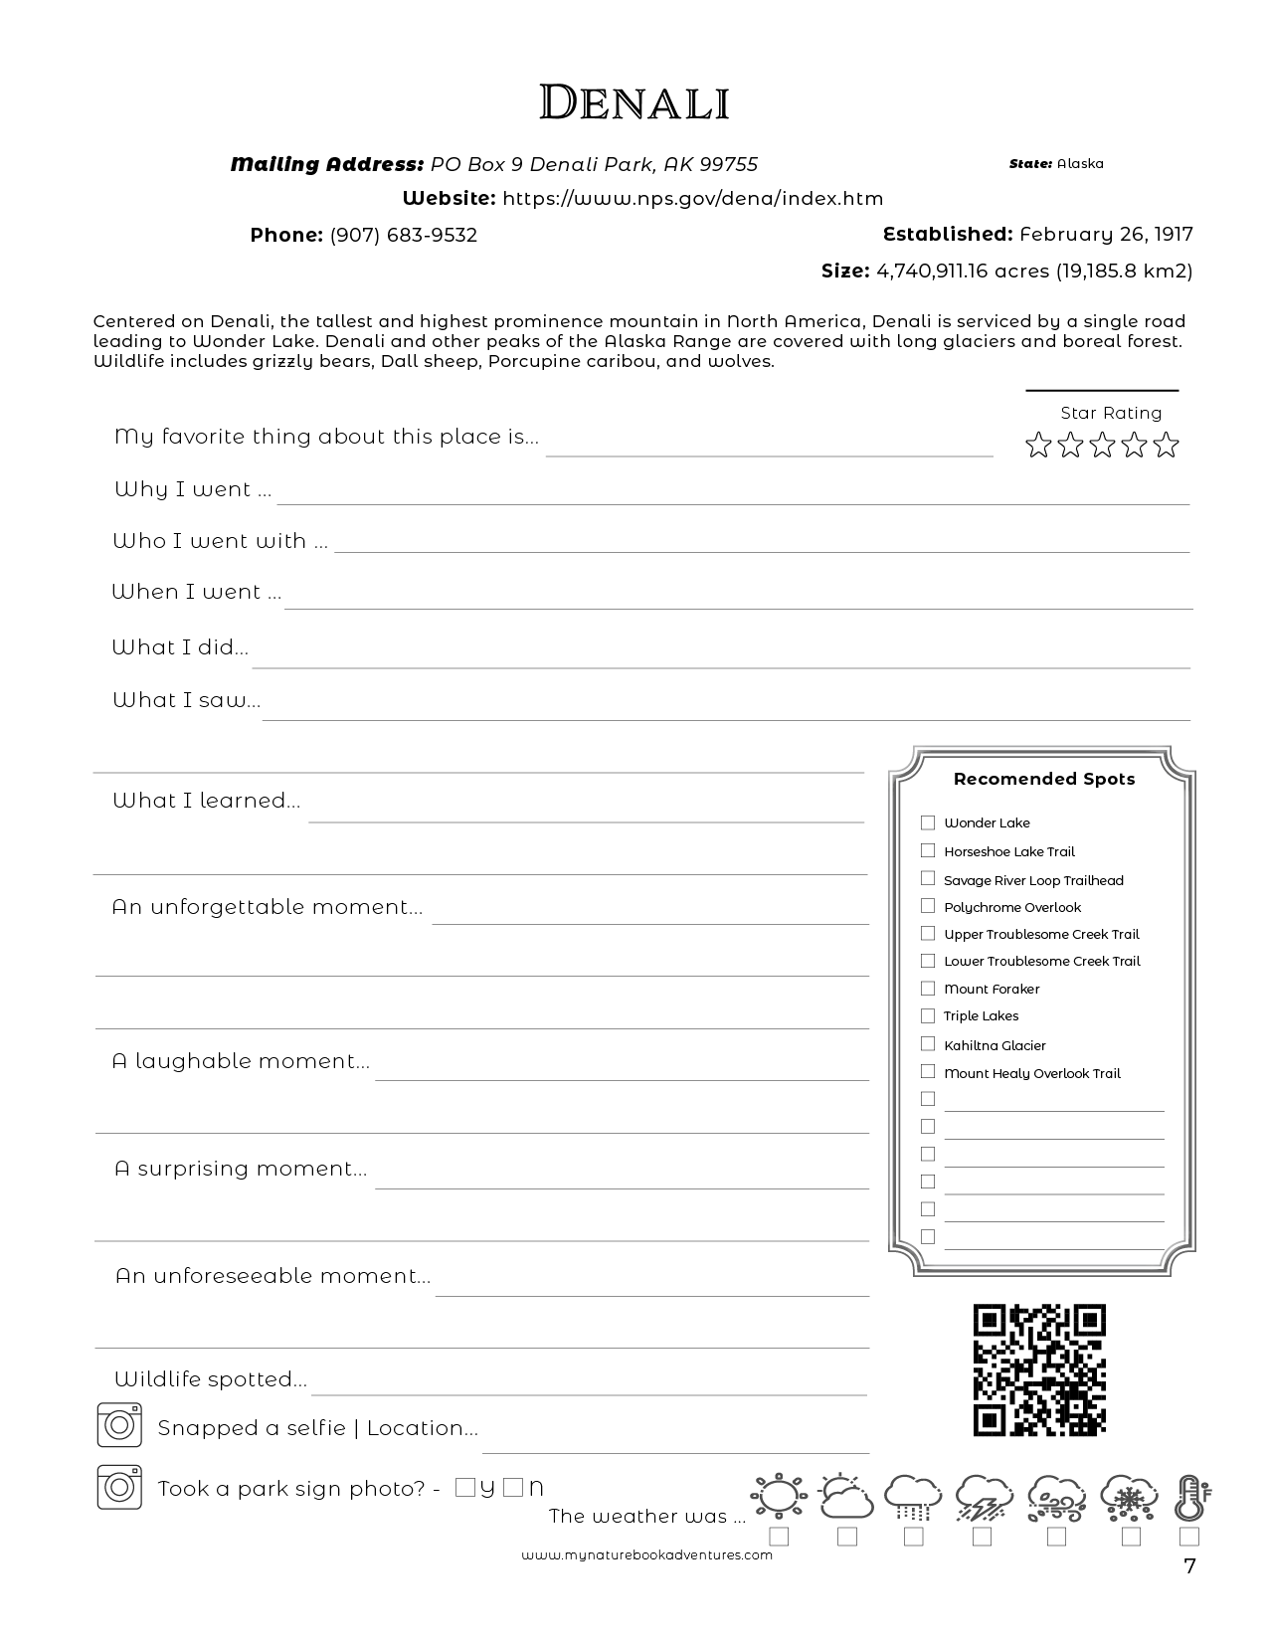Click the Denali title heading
[x=634, y=102]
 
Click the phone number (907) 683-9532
[x=403, y=235]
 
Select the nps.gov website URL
[x=692, y=198]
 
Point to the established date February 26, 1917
[x=1105, y=234]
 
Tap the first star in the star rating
[x=1038, y=445]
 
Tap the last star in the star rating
[x=1166, y=445]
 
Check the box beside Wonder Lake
[x=928, y=822]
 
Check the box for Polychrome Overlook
[x=928, y=906]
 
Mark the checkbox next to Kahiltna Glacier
[x=928, y=1044]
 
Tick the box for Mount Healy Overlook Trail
[x=928, y=1072]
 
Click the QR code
[x=1039, y=1369]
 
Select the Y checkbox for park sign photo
[x=464, y=1488]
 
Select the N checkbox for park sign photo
[x=512, y=1488]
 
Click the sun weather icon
[x=778, y=1496]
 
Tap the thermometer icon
[x=1189, y=1498]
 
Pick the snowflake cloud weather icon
[x=1129, y=1497]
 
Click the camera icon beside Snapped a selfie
[x=119, y=1425]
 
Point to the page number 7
[x=1189, y=1566]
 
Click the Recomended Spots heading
[x=1043, y=779]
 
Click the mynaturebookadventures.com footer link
[x=646, y=1555]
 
